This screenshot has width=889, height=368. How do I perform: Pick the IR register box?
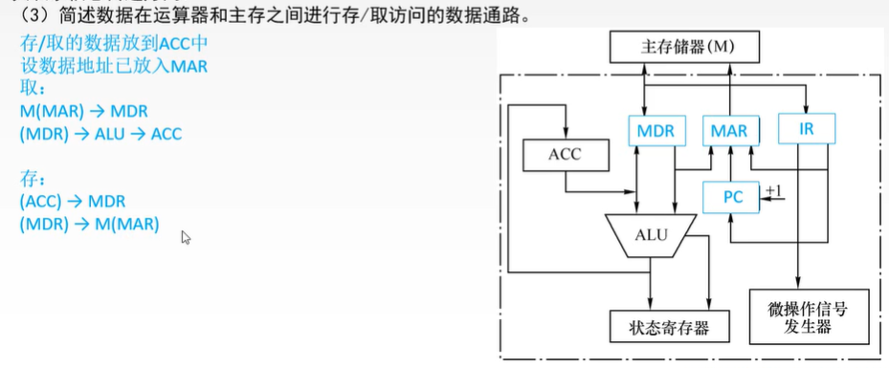[x=806, y=128]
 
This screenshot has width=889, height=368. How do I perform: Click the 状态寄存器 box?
[x=669, y=327]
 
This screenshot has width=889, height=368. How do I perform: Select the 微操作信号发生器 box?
[x=798, y=318]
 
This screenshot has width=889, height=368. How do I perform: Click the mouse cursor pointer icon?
[x=186, y=237]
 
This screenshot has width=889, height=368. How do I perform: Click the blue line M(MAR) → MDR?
[x=83, y=112]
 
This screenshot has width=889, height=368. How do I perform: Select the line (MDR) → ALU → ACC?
[x=100, y=134]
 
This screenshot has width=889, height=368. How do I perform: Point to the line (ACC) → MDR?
[x=72, y=202]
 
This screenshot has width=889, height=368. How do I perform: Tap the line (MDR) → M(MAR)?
[x=89, y=225]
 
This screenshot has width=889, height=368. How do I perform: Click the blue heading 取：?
[x=32, y=89]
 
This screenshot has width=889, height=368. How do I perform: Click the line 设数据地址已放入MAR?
[x=114, y=67]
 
